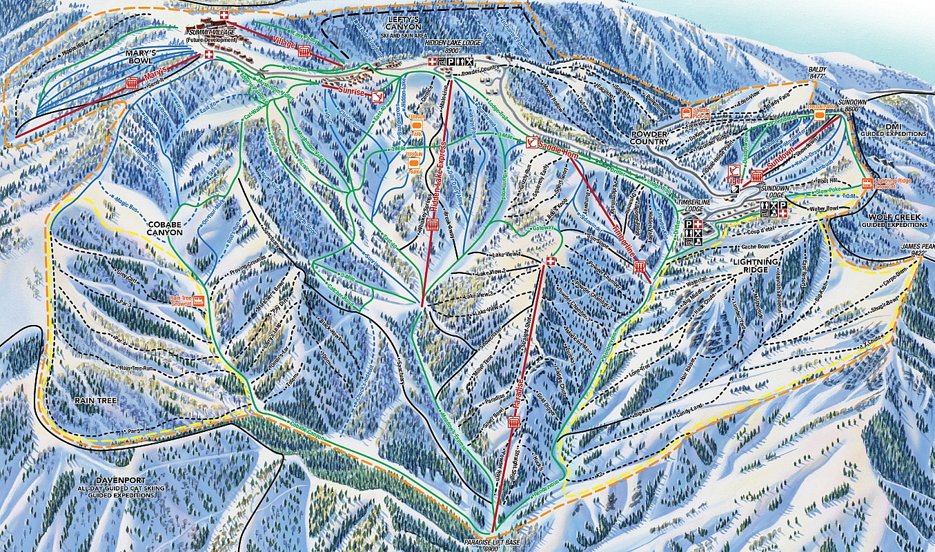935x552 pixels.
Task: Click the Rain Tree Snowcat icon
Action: [199, 300]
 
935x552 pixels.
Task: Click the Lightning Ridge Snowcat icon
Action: [867, 183]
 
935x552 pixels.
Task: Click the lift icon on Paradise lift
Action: [513, 422]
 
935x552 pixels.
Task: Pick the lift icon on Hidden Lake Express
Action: [433, 223]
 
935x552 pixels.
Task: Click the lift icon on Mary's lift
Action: [132, 83]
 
